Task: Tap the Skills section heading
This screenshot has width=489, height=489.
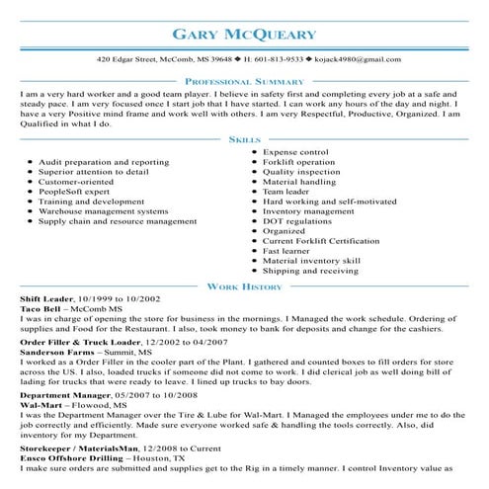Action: click(x=244, y=140)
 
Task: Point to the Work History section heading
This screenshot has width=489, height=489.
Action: click(x=244, y=286)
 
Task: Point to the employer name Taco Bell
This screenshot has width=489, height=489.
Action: click(x=41, y=309)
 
